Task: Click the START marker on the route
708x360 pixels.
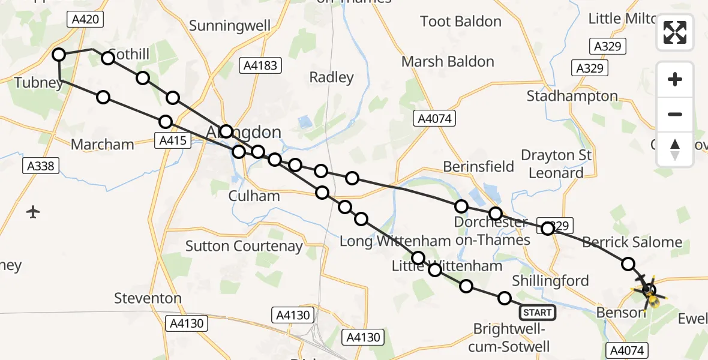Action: (x=537, y=313)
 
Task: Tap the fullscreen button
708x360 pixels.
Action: (x=675, y=32)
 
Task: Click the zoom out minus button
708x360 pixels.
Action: (x=675, y=114)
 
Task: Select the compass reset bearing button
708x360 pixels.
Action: (x=675, y=149)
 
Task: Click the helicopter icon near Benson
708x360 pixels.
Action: (x=648, y=292)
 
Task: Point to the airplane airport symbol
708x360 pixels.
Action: (x=33, y=212)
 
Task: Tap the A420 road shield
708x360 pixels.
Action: (x=85, y=19)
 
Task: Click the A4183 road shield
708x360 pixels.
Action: (x=260, y=65)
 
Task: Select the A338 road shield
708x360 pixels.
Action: (x=42, y=166)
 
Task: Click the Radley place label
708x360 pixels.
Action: (x=331, y=77)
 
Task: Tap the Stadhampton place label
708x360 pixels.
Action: (x=572, y=96)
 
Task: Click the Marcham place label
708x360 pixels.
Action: (x=102, y=145)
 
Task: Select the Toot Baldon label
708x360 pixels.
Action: (x=461, y=22)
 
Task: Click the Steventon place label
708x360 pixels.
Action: (x=148, y=298)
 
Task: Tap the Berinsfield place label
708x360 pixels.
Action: (x=478, y=166)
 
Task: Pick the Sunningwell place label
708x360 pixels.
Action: (x=230, y=26)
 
